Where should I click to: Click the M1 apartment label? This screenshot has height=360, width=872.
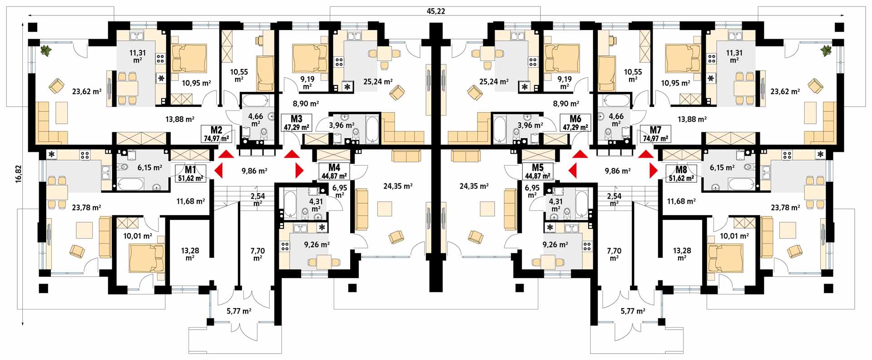[190, 170]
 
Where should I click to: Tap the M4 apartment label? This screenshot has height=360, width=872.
[334, 168]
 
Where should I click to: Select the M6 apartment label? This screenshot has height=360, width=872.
[575, 120]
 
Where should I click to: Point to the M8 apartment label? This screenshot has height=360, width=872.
[681, 170]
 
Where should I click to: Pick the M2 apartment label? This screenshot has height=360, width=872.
[216, 130]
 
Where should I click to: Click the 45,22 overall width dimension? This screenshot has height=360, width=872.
[436, 11]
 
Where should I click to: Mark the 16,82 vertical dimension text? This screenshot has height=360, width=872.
[19, 175]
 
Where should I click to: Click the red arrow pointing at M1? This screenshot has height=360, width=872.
[218, 171]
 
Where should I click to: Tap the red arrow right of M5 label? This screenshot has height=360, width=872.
[572, 170]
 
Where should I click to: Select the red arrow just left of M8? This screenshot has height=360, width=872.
[654, 170]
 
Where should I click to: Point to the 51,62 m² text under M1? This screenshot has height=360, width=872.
[190, 178]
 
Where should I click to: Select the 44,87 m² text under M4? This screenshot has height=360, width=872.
[334, 176]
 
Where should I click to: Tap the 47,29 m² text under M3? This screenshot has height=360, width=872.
[297, 128]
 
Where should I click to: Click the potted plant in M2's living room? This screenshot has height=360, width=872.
[46, 50]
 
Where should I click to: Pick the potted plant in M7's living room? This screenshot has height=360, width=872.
[826, 50]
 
